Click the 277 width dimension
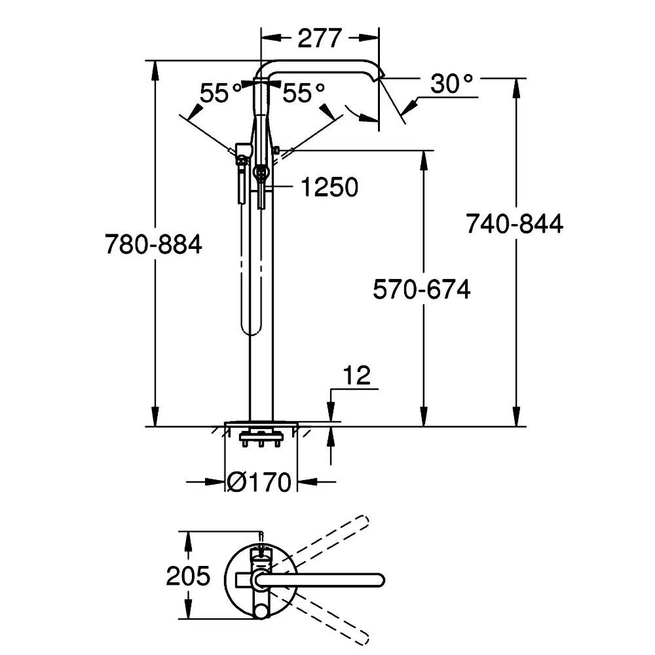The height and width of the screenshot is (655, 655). (x=320, y=39)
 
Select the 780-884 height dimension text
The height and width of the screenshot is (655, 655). (x=153, y=244)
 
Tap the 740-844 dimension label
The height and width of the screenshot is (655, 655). (x=514, y=223)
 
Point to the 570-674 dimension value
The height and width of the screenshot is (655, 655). (x=421, y=289)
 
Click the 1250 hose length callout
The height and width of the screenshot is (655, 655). (x=329, y=187)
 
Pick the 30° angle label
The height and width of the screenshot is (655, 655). (x=451, y=84)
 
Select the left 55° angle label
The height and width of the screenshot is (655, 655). (x=221, y=93)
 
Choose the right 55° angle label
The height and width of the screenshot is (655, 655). (x=304, y=93)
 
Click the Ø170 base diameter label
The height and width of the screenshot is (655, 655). (x=259, y=482)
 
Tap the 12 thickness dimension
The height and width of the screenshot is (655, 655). (x=356, y=375)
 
